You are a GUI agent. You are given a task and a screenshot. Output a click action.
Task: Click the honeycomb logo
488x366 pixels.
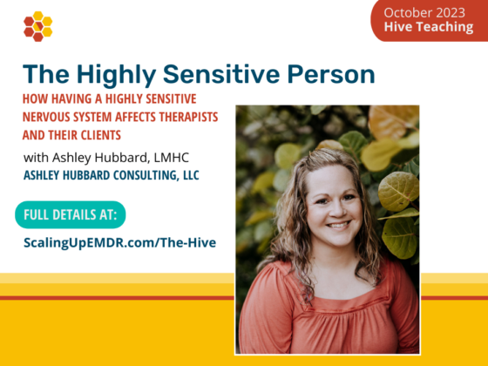click(38, 26)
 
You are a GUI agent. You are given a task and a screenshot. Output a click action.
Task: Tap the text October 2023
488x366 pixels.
click(424, 13)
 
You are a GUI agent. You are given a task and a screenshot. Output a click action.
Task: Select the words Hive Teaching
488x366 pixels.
click(429, 27)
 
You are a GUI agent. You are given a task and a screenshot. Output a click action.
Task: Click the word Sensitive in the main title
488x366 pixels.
click(221, 74)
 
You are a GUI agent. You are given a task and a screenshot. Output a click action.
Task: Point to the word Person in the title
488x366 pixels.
click(331, 74)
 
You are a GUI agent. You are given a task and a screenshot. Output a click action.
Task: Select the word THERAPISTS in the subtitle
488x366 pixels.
click(188, 117)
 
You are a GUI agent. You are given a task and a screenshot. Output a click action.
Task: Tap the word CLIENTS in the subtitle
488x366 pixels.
click(101, 135)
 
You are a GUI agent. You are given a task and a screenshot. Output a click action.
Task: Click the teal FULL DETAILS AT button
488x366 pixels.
click(71, 214)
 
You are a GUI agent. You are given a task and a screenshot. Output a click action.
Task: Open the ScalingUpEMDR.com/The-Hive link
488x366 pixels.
click(120, 243)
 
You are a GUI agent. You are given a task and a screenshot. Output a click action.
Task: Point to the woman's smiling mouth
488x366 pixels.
click(338, 225)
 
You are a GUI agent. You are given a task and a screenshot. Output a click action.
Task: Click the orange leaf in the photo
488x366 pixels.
click(393, 121)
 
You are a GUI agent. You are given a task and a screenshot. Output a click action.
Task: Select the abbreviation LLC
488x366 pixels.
click(191, 175)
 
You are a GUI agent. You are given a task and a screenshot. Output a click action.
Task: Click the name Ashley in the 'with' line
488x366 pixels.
click(70, 158)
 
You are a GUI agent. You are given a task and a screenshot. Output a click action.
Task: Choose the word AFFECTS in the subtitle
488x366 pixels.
click(135, 117)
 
